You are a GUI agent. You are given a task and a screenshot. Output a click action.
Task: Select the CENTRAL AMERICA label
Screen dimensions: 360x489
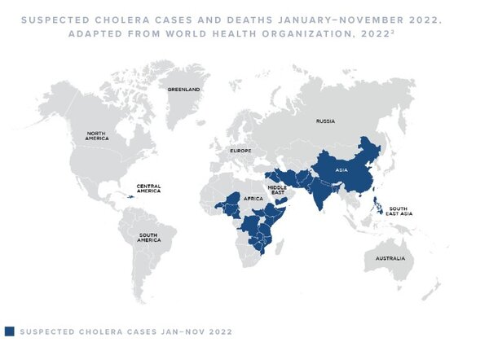[148, 187]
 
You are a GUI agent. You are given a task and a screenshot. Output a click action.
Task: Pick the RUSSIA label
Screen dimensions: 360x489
[325, 122]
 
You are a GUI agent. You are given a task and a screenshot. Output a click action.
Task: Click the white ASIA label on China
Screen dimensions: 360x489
[341, 169]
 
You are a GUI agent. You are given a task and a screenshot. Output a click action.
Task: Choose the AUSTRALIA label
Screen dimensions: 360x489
[389, 259]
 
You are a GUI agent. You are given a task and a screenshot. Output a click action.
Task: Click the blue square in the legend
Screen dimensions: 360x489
[9, 331]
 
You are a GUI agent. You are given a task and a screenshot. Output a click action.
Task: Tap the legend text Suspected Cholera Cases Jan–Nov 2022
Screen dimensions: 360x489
[126, 331]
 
